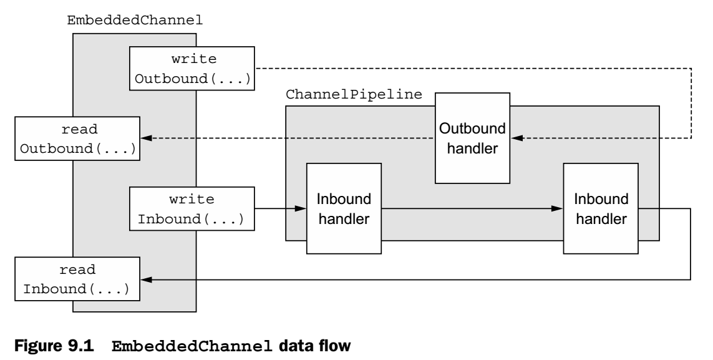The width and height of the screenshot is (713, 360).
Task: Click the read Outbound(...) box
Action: coord(77,137)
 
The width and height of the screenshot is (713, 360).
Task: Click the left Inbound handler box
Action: coord(344,208)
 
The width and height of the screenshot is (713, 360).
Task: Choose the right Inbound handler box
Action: coord(601,208)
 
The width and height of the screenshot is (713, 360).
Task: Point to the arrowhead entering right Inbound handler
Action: coord(558,209)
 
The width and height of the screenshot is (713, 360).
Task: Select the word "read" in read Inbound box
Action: coord(77,270)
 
